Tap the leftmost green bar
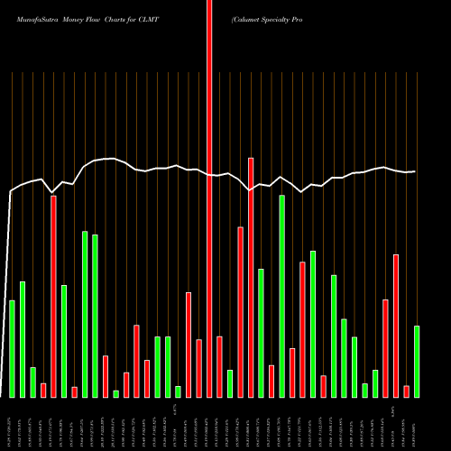[12, 348]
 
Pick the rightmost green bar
[417, 361]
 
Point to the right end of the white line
[415, 171]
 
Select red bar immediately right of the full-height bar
[219, 366]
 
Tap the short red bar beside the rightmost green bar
[407, 391]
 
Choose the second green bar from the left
[22, 339]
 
